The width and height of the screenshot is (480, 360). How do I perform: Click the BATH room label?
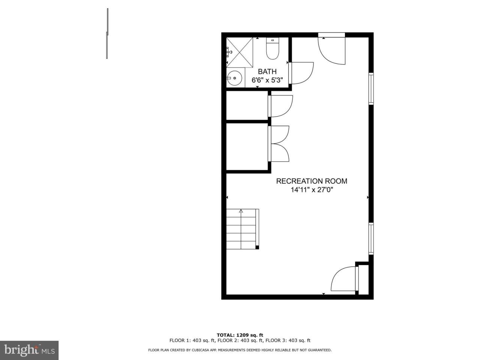click(x=267, y=72)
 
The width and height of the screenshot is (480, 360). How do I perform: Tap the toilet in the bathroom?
click(x=272, y=48)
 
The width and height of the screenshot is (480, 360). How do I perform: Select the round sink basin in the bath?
click(x=234, y=78)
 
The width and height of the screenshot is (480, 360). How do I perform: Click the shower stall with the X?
click(x=240, y=52)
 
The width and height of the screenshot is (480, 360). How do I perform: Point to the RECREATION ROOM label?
click(x=311, y=181)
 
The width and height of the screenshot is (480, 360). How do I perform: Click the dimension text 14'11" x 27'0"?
click(x=311, y=189)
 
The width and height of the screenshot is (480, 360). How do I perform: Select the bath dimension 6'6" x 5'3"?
click(x=267, y=80)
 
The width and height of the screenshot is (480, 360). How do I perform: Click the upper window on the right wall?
click(x=371, y=88)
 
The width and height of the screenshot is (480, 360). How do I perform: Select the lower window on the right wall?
click(x=371, y=238)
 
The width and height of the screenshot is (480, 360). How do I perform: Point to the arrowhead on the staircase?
click(x=241, y=211)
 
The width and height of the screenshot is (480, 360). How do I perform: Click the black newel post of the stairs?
click(x=257, y=247)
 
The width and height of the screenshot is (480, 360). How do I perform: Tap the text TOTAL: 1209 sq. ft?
click(x=240, y=335)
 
